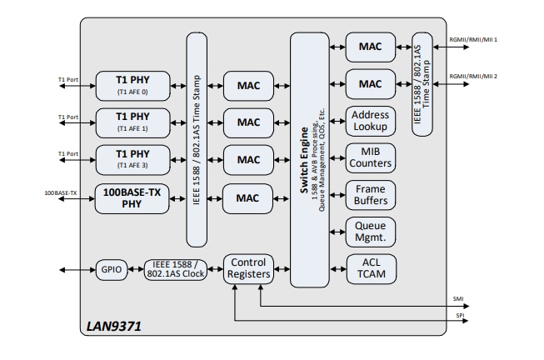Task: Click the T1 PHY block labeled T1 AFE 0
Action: coord(132,84)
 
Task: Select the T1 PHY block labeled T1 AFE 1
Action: coord(132,122)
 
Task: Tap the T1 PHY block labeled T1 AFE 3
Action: coord(132,159)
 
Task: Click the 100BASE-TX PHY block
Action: coord(132,197)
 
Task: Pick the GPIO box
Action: coord(111,269)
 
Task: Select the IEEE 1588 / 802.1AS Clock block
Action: coord(174,269)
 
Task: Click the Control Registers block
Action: coord(248,268)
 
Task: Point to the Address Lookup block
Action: coord(370,121)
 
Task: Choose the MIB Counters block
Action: coord(370,158)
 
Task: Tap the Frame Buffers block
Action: coord(370,195)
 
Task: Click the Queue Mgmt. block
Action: coord(370,232)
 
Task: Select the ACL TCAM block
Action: coord(370,268)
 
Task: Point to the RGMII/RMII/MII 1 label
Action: coord(473,39)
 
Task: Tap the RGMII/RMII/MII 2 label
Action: coord(473,77)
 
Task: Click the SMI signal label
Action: coord(458,298)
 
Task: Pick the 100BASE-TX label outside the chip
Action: coord(62,193)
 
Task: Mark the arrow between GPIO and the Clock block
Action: coord(136,269)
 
